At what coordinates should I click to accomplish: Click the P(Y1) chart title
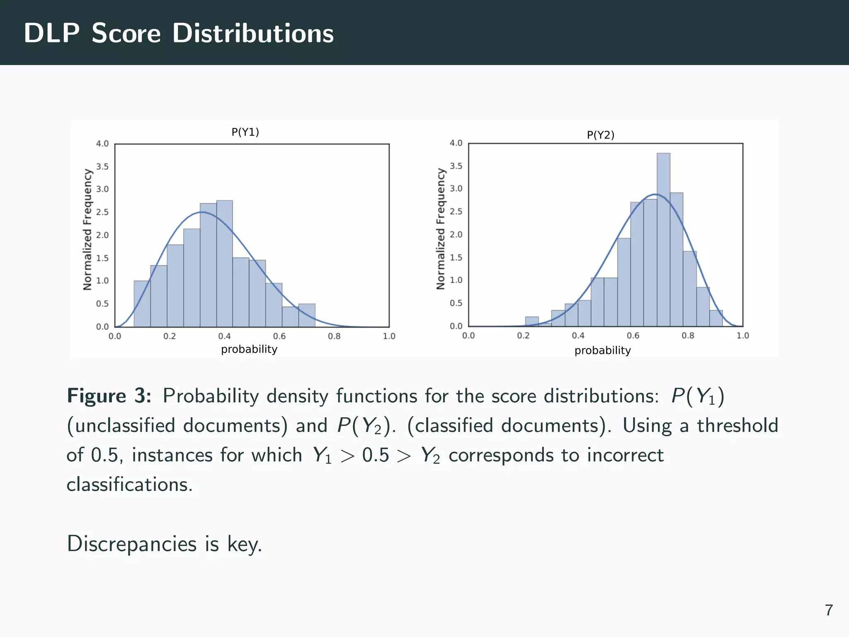point(245,132)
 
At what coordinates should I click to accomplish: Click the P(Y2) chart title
point(600,135)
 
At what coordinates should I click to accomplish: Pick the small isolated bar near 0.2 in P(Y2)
point(532,321)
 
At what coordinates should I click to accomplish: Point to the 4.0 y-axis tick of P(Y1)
point(102,144)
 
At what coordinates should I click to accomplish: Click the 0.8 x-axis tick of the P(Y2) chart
point(688,336)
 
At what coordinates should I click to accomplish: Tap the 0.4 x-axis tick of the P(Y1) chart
point(224,336)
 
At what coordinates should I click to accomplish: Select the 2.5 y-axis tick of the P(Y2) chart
point(456,212)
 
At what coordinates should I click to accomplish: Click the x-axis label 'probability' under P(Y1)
point(249,349)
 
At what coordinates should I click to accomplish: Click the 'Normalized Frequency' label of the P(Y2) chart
point(440,229)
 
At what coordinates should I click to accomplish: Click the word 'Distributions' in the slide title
point(253,33)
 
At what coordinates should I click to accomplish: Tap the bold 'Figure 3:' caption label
point(109,396)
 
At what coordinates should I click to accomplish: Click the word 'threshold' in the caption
point(737,425)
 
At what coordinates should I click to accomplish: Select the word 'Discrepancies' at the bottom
point(131,544)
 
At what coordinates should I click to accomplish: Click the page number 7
point(829,610)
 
